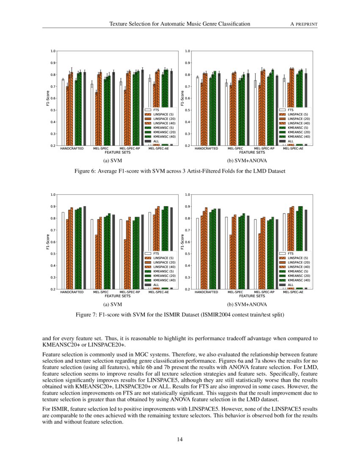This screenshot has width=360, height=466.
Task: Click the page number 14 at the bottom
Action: pyautogui.click(x=180, y=439)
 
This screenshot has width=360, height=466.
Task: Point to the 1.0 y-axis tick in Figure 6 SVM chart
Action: pyautogui.click(x=54, y=51)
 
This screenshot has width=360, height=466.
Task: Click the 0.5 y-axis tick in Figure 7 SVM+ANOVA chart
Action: pyautogui.click(x=188, y=254)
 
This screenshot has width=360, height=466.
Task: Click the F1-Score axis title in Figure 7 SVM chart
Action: pyautogui.click(x=48, y=242)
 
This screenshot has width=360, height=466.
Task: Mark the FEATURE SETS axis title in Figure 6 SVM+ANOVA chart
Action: pyautogui.click(x=249, y=153)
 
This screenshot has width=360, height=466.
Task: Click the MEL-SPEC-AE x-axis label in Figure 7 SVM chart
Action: pyautogui.click(x=158, y=292)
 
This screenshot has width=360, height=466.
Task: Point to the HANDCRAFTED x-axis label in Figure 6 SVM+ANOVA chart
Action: pyautogui.click(x=206, y=149)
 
